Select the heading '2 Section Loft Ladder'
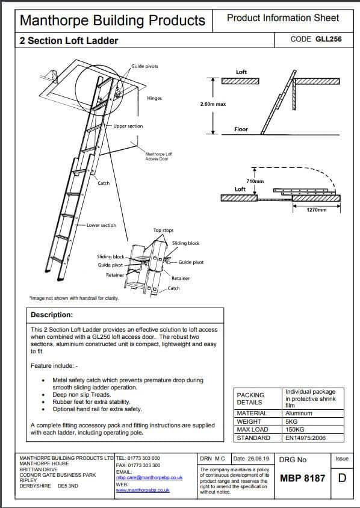[69, 41]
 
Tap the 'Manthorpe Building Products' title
[113, 20]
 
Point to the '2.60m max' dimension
[213, 104]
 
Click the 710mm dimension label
[255, 181]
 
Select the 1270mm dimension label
[315, 210]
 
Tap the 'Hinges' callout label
[154, 98]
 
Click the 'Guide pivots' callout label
[144, 66]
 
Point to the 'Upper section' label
[128, 126]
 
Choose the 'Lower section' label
[102, 225]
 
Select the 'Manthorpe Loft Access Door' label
[159, 158]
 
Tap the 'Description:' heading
[52, 315]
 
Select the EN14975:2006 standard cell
[306, 438]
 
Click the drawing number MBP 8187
[302, 479]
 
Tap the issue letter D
[343, 479]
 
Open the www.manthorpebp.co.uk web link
[142, 491]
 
